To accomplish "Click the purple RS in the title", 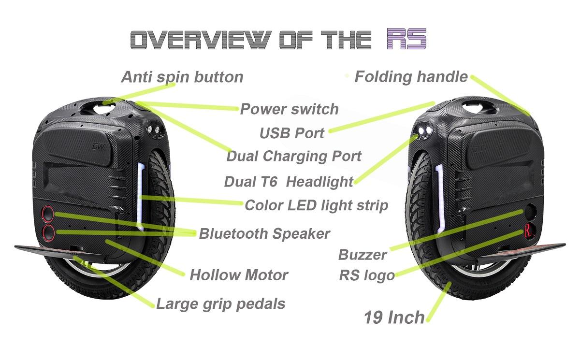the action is click(406, 39).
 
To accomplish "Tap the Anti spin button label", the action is click(182, 77).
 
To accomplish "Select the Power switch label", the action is click(289, 109).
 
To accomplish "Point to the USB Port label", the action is click(292, 132).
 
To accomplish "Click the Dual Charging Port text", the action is click(294, 156).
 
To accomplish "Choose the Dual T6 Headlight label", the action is click(289, 182).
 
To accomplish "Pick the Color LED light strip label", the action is click(316, 205).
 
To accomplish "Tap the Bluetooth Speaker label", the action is click(264, 233).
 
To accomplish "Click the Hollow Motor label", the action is click(239, 275).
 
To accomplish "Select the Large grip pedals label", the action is click(220, 303).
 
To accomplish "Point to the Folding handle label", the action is click(411, 77).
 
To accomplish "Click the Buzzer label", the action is click(362, 255).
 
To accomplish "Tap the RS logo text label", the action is click(367, 276).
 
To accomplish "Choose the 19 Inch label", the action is click(394, 317).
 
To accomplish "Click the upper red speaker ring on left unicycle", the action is click(47, 213).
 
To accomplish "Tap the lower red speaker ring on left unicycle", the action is click(48, 233).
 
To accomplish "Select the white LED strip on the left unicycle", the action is click(142, 196).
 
